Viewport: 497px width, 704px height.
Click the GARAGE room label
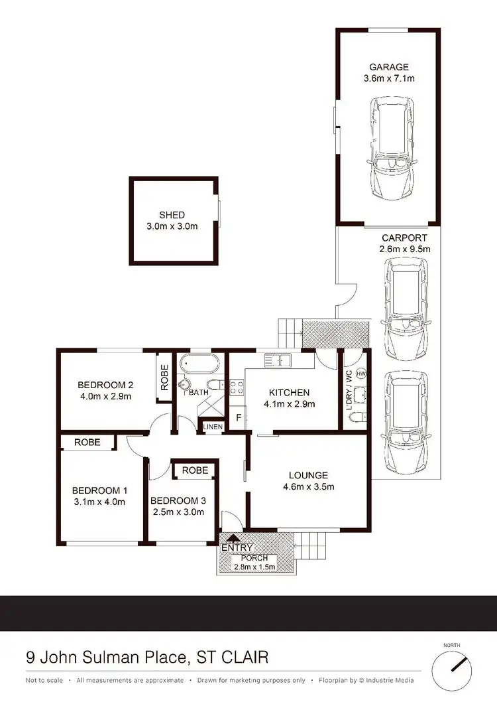click(x=389, y=67)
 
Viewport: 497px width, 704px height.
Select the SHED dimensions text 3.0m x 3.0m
click(x=172, y=226)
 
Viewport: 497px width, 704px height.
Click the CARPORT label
click(x=404, y=238)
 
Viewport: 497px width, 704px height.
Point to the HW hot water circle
click(x=361, y=374)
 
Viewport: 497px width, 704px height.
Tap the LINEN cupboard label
click(x=213, y=427)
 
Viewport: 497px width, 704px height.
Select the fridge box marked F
click(x=238, y=418)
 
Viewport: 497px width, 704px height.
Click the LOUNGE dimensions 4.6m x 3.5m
click(x=307, y=486)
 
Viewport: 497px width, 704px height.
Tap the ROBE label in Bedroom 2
click(x=164, y=377)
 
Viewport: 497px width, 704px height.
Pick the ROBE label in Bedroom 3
click(x=195, y=470)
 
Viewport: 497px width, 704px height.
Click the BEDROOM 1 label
click(x=99, y=490)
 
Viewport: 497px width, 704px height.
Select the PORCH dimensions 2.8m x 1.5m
click(x=254, y=567)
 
